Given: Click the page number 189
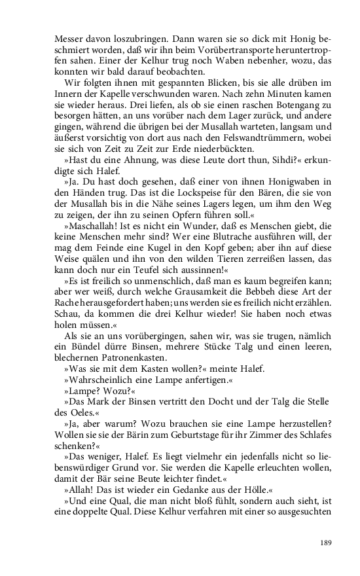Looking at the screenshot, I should click(x=327, y=541).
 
